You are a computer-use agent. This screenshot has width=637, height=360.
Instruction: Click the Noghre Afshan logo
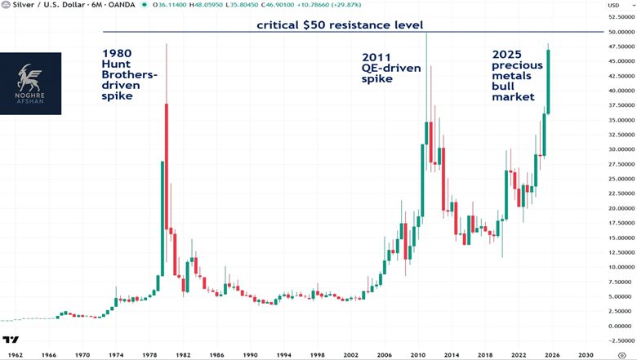[x=30, y=83]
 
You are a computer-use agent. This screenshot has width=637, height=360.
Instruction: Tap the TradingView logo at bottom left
[x=11, y=340]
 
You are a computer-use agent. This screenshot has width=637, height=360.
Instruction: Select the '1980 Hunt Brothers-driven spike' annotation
[x=129, y=75]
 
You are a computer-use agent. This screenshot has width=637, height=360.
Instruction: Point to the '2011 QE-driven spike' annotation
[x=392, y=69]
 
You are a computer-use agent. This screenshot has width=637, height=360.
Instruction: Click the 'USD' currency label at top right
[x=612, y=7]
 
